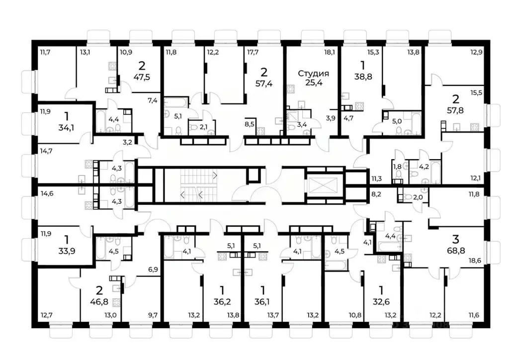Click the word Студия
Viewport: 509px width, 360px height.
[313, 74]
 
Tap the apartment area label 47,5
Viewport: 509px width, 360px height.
[142, 77]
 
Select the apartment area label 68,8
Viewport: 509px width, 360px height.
[456, 251]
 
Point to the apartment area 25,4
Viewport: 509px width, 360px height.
[314, 83]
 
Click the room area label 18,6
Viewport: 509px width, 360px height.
[475, 261]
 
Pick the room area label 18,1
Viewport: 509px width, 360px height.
[329, 52]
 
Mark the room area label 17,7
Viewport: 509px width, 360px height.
[253, 52]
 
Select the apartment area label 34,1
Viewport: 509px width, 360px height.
[66, 128]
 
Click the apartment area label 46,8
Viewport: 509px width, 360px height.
[99, 301]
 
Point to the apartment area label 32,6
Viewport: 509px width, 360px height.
[381, 301]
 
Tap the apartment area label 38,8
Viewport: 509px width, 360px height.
[363, 77]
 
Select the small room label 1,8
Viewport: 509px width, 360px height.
[397, 167]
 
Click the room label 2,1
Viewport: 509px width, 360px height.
[203, 127]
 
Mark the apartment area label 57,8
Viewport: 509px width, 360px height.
[455, 110]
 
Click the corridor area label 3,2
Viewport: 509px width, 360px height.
[127, 142]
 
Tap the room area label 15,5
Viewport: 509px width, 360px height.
[476, 93]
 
